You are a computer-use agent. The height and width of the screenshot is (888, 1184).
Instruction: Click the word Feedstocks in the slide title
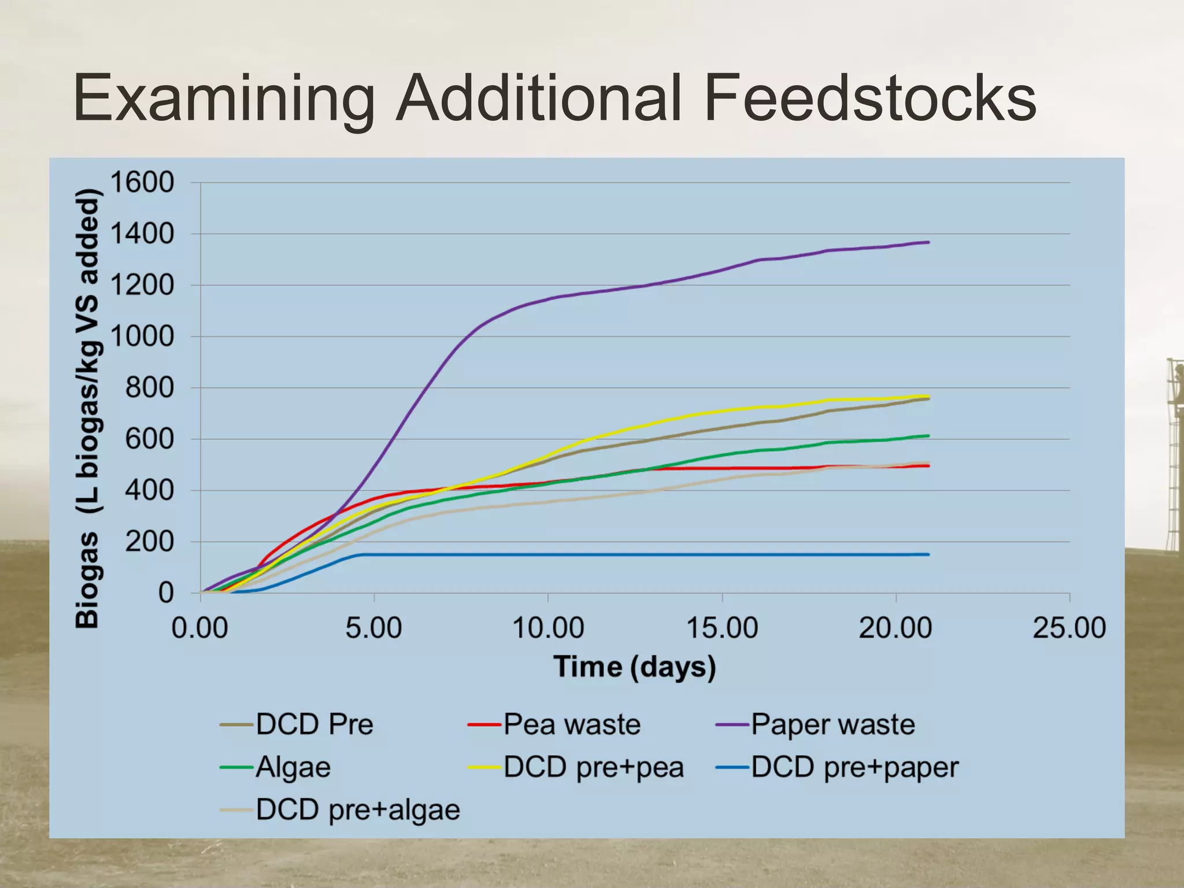point(870,98)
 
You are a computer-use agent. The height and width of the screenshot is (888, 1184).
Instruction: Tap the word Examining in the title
point(224,98)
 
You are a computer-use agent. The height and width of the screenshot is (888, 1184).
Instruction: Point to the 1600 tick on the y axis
point(142,183)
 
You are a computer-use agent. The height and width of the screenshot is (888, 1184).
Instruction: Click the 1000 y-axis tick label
point(142,336)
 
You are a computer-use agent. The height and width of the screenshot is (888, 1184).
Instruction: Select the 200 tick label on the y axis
point(149,542)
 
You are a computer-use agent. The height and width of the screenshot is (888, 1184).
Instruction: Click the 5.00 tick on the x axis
point(373,628)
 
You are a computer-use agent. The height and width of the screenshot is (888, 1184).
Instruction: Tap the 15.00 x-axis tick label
point(722,628)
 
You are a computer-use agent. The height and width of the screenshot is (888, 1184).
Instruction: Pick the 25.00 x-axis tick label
point(1069,628)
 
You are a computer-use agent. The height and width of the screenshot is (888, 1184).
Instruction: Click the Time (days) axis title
point(635,667)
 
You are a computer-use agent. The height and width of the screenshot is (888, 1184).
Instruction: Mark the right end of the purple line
point(928,242)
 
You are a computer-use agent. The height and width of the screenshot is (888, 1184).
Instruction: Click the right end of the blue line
point(928,554)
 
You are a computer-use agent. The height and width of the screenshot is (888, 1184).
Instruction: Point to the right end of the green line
point(928,436)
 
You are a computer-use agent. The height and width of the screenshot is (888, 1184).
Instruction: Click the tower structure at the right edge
point(1174,457)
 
